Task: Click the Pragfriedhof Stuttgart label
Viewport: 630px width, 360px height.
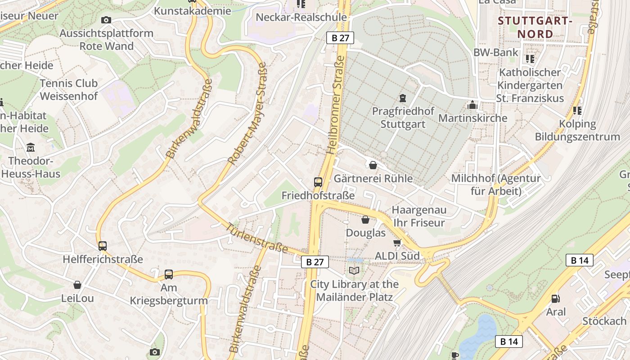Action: [x=403, y=117]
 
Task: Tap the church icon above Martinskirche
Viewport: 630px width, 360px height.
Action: [x=472, y=105]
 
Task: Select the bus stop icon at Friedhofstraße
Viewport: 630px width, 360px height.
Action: [x=318, y=182]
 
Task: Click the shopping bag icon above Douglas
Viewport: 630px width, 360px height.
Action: [x=365, y=220]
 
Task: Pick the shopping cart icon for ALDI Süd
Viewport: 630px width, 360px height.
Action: [x=397, y=243]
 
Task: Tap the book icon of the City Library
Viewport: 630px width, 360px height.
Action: [x=354, y=270]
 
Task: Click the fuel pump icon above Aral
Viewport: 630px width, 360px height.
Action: [x=556, y=299]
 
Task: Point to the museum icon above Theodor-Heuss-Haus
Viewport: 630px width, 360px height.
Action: [x=31, y=147]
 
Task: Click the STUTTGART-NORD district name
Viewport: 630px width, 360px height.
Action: [x=535, y=27]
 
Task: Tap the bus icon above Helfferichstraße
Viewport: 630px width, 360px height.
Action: [x=103, y=246]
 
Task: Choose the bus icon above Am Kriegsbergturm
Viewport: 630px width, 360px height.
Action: [x=169, y=274]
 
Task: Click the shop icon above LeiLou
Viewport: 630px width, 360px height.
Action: [x=77, y=285]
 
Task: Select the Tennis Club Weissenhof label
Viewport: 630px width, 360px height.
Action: [x=68, y=90]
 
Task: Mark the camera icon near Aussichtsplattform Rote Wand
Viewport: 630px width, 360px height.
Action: [x=106, y=20]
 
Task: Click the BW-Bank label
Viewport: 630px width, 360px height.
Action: [x=496, y=52]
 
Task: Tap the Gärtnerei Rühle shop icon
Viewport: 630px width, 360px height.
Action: [x=373, y=165]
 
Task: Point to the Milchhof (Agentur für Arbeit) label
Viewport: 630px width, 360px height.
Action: [x=496, y=184]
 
